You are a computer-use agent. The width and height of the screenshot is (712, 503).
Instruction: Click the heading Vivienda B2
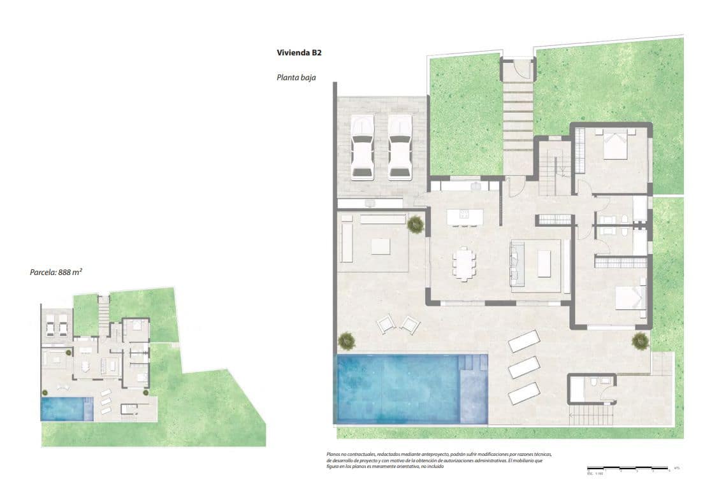299,53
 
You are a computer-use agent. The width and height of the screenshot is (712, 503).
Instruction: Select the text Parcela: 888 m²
57,272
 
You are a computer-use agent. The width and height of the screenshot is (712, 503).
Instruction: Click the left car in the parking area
362,148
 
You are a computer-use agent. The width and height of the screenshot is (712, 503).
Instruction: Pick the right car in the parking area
400,148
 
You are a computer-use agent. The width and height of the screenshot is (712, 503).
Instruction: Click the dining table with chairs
464,264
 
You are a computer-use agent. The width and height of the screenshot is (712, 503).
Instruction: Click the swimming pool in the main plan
398,387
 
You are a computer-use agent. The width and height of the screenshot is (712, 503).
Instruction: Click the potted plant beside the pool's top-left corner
347,341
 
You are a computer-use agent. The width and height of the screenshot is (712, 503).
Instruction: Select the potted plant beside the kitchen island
416,223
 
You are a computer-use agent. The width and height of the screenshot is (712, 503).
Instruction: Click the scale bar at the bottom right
628,470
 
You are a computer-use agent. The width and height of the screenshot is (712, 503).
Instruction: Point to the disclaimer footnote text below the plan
439,460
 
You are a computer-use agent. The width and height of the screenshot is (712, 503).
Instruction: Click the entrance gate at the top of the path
517,67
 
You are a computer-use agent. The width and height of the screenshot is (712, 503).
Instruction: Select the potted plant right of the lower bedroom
640,341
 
